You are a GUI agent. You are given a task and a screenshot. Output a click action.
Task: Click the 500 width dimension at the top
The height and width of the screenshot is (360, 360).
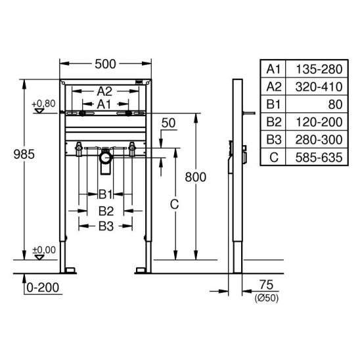(105, 64)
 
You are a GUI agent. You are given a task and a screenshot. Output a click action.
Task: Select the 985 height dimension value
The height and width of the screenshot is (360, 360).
(24, 154)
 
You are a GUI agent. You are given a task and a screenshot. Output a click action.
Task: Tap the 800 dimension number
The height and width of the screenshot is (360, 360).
(196, 177)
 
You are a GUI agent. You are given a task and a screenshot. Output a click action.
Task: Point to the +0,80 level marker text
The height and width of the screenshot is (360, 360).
(43, 104)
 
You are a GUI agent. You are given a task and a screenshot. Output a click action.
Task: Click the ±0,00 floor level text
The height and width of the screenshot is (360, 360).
(44, 250)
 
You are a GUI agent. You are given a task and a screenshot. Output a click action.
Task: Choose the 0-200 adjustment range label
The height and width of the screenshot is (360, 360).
(43, 288)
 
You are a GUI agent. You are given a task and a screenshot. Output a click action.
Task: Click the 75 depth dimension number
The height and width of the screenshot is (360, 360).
(266, 285)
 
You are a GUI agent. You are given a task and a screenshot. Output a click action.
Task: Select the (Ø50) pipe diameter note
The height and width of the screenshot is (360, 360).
(266, 298)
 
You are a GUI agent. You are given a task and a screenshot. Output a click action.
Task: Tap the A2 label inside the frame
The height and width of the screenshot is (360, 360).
(104, 91)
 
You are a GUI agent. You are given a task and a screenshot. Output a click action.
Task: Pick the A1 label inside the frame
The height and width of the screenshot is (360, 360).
(104, 104)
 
